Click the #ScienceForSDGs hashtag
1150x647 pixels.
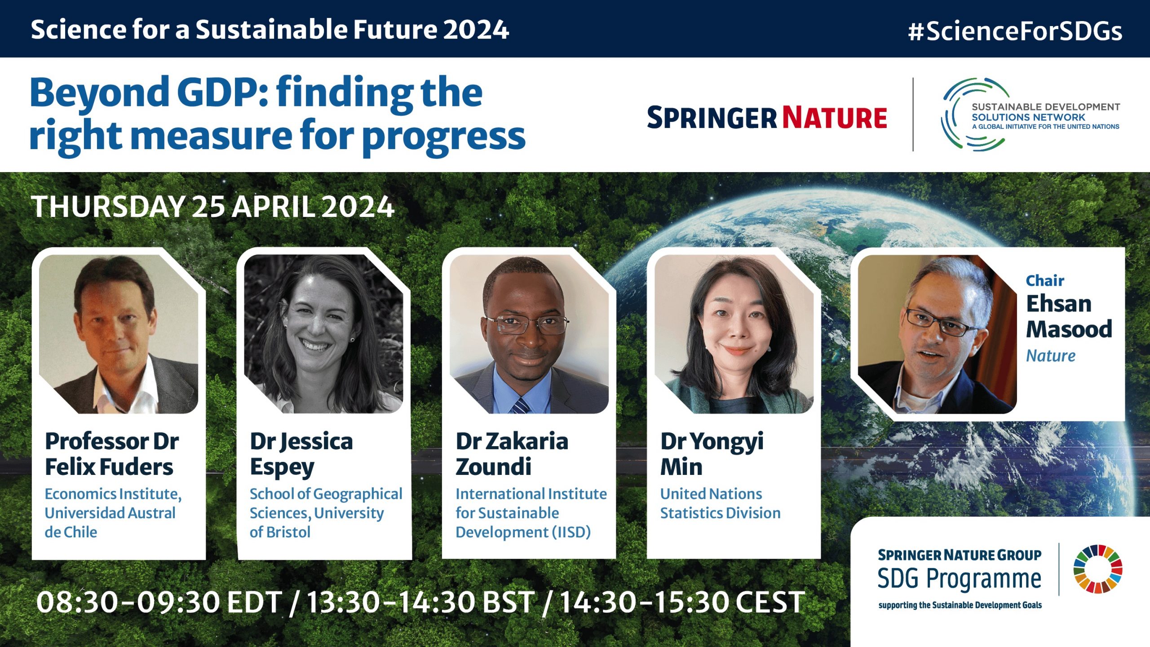point(1015,31)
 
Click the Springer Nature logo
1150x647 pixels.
point(767,118)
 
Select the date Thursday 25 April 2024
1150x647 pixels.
point(213,207)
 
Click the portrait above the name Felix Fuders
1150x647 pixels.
point(119,334)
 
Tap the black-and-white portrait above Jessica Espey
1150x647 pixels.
point(323,334)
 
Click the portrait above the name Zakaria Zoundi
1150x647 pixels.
point(529,334)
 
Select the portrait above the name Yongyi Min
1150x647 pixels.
point(734,334)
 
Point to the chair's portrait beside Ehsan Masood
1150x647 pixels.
point(938,334)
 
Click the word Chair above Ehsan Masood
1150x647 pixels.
point(1045,281)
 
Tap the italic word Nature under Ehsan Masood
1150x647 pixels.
point(1051,356)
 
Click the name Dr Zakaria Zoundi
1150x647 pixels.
point(512,454)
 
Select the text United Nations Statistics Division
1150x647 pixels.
point(720,503)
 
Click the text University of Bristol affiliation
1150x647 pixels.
point(317,523)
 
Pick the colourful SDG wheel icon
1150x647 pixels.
point(1098,569)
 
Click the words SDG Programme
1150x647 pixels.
point(959,578)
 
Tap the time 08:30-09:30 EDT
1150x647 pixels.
point(159,602)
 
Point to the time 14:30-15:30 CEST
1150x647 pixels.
point(682,602)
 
